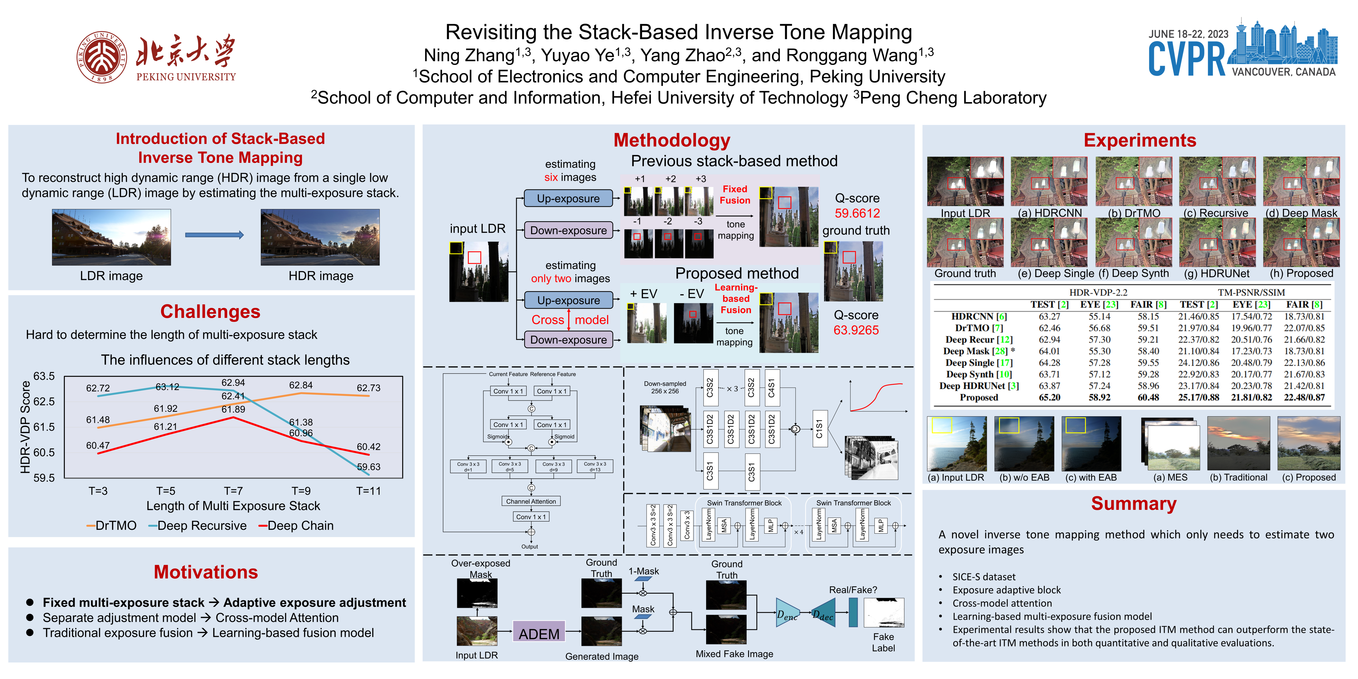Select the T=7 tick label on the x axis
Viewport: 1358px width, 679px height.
[233, 491]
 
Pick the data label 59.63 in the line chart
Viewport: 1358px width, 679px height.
[368, 467]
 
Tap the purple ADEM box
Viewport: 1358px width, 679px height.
[539, 633]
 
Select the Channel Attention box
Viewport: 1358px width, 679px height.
[531, 501]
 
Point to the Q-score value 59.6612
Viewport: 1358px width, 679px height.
[857, 213]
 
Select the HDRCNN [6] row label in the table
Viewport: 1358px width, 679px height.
[978, 316]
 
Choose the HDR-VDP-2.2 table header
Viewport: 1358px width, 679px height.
[1098, 292]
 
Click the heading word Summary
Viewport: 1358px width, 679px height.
[1133, 503]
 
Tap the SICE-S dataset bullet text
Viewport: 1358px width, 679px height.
[984, 577]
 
